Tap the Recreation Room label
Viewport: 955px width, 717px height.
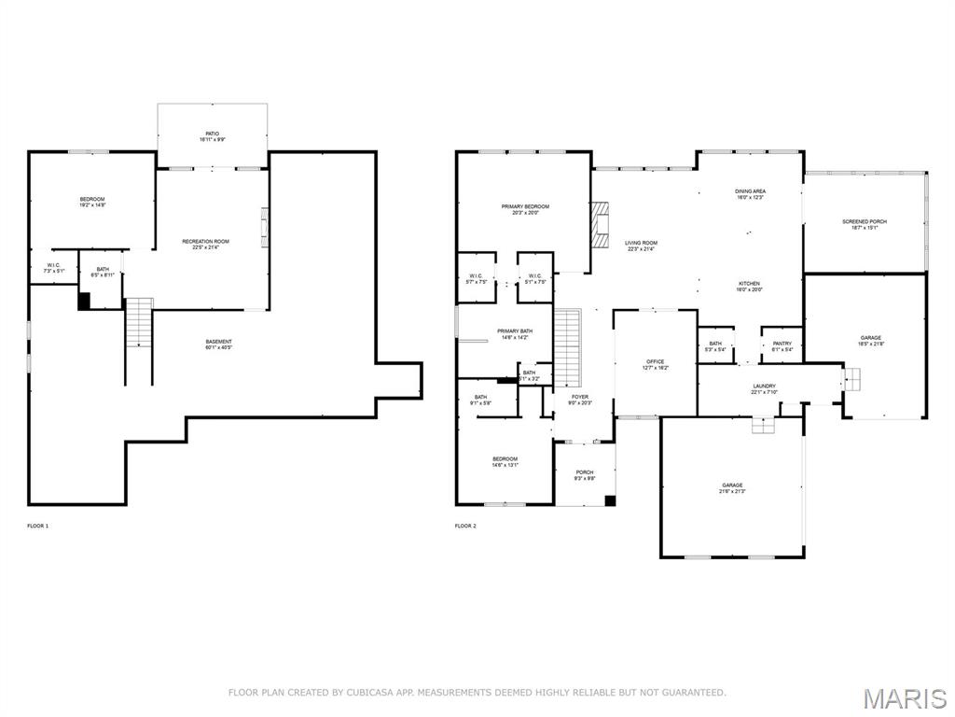click(205, 245)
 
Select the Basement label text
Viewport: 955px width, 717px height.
click(219, 344)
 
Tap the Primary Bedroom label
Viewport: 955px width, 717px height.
click(525, 209)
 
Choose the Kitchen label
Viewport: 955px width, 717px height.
click(750, 286)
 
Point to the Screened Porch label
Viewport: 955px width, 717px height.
click(865, 224)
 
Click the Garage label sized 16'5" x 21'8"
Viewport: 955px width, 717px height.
click(871, 341)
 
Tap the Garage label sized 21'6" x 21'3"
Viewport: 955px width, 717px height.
click(732, 488)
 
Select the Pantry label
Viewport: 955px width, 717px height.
click(782, 345)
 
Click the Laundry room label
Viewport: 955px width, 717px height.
click(764, 388)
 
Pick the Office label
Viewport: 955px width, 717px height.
click(656, 364)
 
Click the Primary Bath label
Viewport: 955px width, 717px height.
click(514, 333)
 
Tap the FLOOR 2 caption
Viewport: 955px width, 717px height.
click(465, 527)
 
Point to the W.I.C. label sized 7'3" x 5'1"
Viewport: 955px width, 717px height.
click(53, 268)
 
